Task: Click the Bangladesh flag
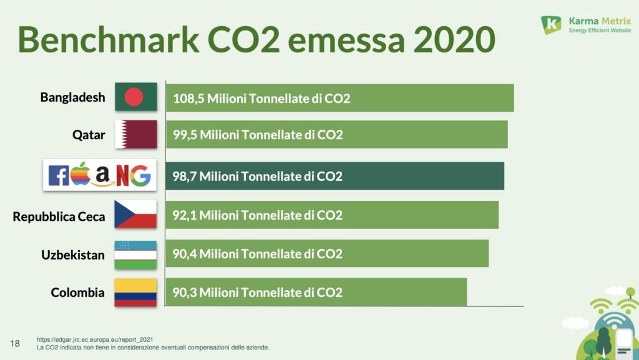click(135, 97)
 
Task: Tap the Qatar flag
click(135, 134)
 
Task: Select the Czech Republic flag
click(135, 214)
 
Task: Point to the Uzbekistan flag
click(135, 255)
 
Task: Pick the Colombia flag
click(135, 293)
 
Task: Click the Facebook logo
click(59, 176)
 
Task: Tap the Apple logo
click(80, 174)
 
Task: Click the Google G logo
click(140, 175)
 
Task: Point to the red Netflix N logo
click(122, 175)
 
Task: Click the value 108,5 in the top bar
click(188, 99)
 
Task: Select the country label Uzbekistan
click(73, 255)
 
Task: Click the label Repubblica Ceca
click(59, 217)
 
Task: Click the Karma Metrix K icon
click(551, 25)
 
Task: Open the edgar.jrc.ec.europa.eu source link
click(95, 339)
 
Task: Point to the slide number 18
click(16, 343)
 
